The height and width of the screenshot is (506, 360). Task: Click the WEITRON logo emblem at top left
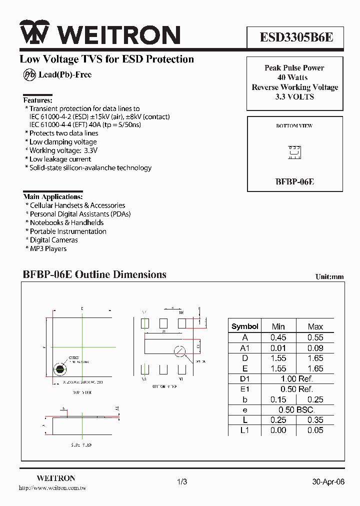34,34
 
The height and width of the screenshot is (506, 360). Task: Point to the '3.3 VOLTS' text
294,97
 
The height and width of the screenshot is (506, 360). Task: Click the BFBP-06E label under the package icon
294,181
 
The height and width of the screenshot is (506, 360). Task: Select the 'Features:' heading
38,100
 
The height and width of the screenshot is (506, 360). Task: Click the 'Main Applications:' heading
53,196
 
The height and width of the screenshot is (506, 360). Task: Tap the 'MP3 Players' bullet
48,248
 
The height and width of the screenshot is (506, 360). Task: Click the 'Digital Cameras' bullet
53,240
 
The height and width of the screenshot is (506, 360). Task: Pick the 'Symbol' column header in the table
245,326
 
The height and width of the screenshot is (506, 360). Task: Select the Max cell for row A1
315,348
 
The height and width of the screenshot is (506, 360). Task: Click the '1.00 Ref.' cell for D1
296,378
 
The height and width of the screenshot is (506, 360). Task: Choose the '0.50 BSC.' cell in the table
296,409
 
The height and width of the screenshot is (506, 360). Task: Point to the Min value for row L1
278,430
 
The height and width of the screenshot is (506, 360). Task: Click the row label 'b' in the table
245,399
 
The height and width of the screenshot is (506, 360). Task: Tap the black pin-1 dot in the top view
60,369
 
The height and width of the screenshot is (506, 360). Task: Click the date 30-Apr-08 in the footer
328,482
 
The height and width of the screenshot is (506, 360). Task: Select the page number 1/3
182,482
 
